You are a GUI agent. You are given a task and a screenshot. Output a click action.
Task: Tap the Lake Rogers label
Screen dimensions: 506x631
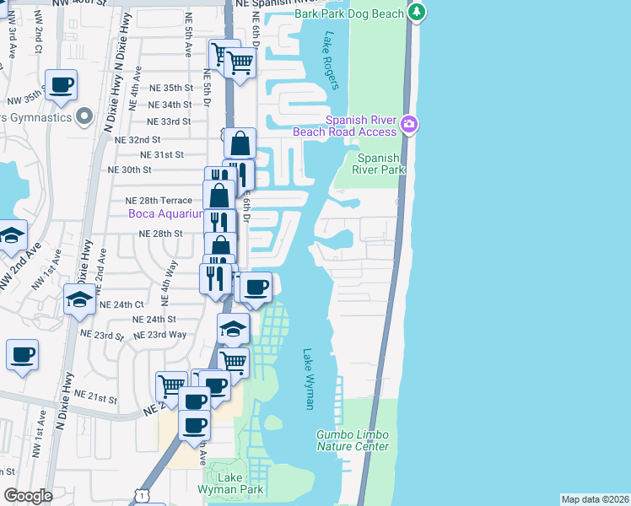[x=330, y=61]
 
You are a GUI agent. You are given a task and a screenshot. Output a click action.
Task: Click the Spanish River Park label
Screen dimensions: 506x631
[x=378, y=164]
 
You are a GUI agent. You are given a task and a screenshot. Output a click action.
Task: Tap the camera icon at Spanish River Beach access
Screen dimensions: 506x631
[x=409, y=125]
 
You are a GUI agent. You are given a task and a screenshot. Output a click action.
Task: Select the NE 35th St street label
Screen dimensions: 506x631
[x=167, y=88]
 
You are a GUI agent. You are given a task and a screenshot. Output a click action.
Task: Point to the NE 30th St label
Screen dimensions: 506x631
[x=130, y=169]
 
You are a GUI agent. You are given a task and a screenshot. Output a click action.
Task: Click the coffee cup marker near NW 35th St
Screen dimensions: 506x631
[x=62, y=85]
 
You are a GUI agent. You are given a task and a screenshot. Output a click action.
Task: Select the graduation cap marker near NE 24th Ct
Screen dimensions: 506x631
[x=79, y=299]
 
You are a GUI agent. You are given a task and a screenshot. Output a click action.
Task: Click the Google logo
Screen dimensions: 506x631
[x=28, y=496]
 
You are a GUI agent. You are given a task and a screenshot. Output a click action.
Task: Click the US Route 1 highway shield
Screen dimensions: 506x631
[x=144, y=498]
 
